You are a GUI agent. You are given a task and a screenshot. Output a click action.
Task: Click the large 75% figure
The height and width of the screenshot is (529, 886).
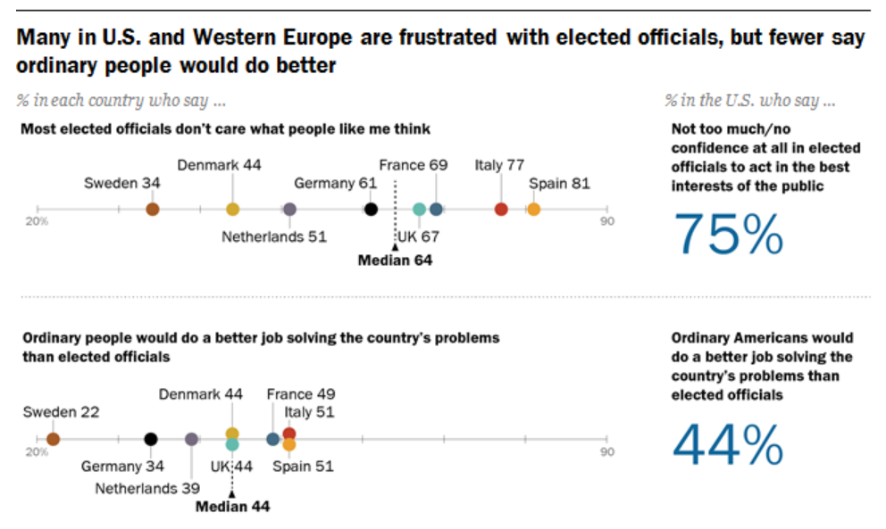[x=729, y=234]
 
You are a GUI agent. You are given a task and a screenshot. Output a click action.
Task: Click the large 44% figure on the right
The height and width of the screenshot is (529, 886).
[x=728, y=444]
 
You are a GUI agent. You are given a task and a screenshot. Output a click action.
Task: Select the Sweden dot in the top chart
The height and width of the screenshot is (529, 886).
[x=153, y=209]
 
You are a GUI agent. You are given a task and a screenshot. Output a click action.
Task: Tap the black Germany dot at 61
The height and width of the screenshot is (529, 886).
[x=372, y=209]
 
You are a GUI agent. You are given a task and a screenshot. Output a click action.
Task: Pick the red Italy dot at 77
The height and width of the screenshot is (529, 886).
[x=501, y=209]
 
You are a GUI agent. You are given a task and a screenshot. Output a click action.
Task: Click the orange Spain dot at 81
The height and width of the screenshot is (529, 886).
[x=533, y=209]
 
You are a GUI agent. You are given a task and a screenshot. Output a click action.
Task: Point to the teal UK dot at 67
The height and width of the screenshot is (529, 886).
[x=420, y=209]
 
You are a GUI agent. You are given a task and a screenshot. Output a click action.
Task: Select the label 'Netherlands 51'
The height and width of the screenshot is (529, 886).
[x=274, y=237]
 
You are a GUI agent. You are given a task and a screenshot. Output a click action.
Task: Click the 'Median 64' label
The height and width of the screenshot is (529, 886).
[x=395, y=260]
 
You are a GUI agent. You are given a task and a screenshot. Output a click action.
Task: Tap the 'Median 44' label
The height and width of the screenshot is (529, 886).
[x=232, y=506]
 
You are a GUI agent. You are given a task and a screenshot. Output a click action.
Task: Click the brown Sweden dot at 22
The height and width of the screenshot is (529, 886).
[x=53, y=439]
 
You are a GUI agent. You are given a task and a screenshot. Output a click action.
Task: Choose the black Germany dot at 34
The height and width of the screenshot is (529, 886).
[x=151, y=439]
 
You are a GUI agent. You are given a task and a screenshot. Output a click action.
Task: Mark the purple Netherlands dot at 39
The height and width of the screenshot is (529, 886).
[x=191, y=439]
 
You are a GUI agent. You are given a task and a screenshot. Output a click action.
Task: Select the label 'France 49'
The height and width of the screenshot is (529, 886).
[x=300, y=394]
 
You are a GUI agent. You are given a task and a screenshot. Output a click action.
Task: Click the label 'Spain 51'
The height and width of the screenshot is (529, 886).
[x=303, y=466]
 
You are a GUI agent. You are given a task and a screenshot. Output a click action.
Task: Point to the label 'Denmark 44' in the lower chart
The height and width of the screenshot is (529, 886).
[x=201, y=394]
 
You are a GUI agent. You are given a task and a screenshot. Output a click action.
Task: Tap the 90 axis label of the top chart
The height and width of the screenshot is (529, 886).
[x=607, y=221]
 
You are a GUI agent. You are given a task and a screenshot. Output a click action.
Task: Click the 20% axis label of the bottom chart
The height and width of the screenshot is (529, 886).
[x=37, y=452]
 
